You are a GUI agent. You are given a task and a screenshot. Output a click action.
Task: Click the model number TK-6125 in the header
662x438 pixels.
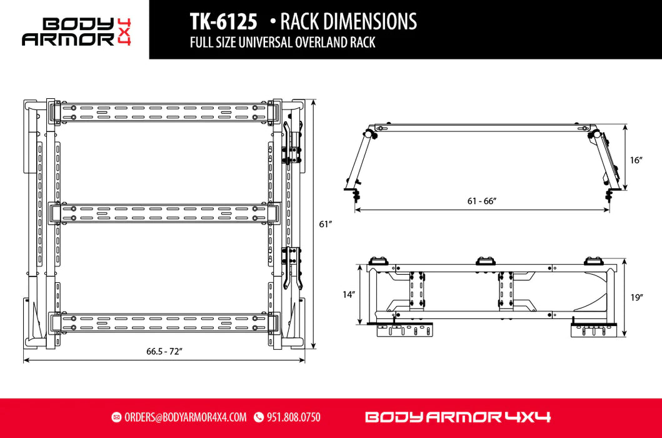223,22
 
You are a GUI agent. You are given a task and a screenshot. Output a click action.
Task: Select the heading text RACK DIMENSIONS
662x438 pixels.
348,22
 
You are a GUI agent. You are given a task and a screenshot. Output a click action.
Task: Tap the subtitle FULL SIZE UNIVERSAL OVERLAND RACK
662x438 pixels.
283,44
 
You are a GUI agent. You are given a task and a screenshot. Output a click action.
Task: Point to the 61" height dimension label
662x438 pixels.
324,223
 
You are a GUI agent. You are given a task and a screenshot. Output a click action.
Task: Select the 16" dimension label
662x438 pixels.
636,160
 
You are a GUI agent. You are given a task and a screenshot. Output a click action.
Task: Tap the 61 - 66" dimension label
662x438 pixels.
482,201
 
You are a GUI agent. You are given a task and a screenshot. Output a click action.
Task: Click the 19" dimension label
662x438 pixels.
636,298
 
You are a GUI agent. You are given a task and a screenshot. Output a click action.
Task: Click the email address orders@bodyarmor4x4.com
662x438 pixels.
185,417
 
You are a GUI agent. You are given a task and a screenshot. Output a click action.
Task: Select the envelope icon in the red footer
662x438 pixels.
116,417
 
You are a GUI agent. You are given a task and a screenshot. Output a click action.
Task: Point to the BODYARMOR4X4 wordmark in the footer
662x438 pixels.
457,417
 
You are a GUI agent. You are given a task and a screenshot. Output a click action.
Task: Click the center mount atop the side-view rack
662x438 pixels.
483,261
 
